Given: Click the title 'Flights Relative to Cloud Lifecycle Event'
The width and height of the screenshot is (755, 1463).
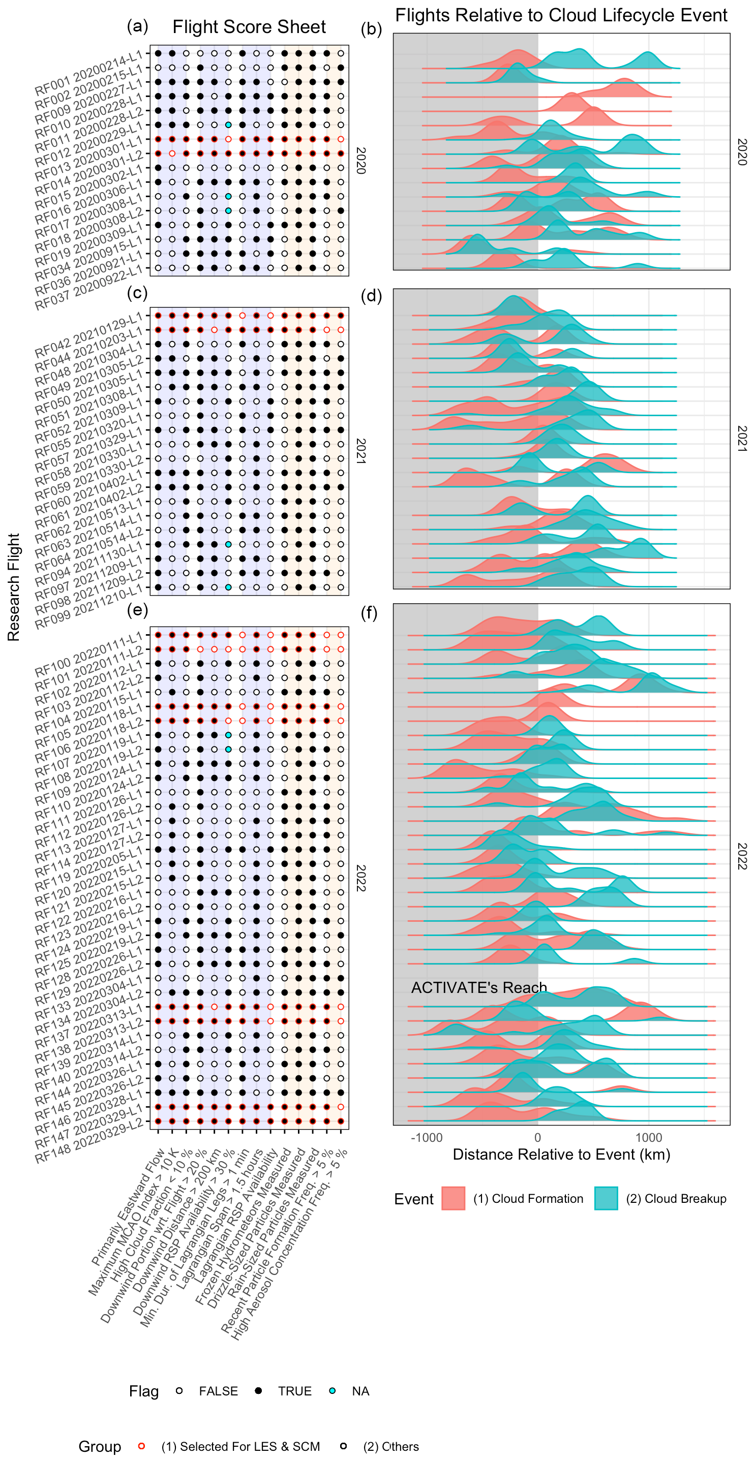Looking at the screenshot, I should (x=561, y=15).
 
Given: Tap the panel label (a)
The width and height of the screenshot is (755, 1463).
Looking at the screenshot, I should (x=137, y=25).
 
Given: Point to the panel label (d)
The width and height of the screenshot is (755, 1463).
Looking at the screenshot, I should (x=371, y=295).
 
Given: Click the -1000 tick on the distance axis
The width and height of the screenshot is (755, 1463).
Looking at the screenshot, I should (x=427, y=1138).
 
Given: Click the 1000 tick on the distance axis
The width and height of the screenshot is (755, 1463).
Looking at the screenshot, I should (x=649, y=1138).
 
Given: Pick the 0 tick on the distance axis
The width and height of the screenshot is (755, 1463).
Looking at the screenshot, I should (x=537, y=1138).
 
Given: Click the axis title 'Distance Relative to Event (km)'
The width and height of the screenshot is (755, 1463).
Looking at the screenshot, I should (x=561, y=1155).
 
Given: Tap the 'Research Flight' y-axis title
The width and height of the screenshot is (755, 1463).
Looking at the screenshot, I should (x=14, y=587).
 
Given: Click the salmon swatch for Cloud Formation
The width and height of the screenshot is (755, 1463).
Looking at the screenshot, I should (x=454, y=1198).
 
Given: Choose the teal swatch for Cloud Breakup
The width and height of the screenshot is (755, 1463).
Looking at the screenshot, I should (x=606, y=1198).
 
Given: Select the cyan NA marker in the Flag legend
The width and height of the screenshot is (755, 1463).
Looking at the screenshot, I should (x=333, y=1391).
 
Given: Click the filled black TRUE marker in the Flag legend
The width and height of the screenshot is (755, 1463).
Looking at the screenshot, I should (x=258, y=1391).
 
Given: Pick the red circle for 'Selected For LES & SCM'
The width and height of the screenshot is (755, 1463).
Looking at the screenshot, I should (x=141, y=1446).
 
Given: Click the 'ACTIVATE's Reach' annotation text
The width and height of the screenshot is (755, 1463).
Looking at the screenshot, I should (x=478, y=988).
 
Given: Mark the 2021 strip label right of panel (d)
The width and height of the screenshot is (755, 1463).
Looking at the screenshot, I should (x=741, y=439).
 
